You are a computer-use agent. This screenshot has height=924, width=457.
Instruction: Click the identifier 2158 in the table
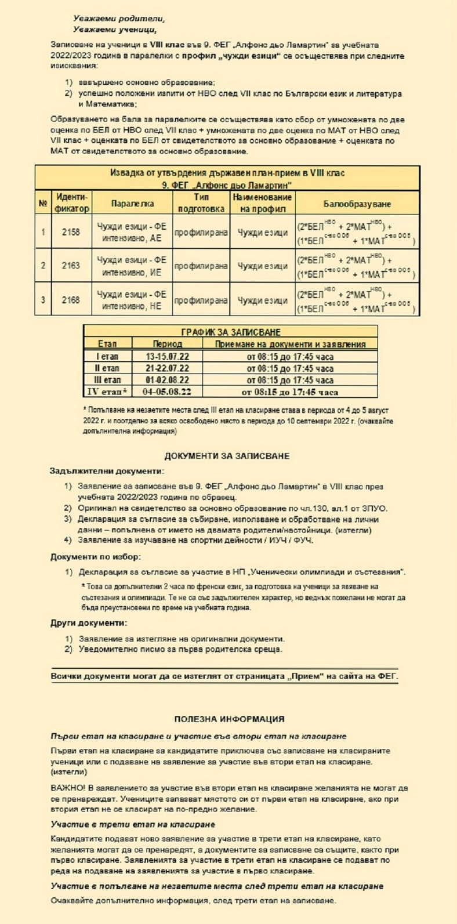click(x=71, y=232)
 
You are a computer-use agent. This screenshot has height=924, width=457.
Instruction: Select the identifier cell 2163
click(x=71, y=266)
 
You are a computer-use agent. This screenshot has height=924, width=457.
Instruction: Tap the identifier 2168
click(x=71, y=299)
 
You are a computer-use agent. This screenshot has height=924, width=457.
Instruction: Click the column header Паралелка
click(x=132, y=204)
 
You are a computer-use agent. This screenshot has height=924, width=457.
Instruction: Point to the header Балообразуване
click(x=357, y=204)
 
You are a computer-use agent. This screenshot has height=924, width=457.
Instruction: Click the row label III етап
click(x=107, y=380)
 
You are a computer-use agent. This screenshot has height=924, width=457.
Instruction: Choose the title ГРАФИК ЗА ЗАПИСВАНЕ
click(x=231, y=332)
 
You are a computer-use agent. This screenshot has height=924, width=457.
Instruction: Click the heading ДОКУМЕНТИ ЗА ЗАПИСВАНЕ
click(x=227, y=456)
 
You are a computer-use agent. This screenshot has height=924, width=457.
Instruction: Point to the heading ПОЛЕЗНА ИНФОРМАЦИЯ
click(x=229, y=719)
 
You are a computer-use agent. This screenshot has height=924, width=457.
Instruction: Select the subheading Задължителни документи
click(x=107, y=471)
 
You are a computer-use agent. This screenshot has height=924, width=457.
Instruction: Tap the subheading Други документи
click(x=88, y=623)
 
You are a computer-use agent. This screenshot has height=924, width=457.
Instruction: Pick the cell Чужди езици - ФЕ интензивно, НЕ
click(x=132, y=299)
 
